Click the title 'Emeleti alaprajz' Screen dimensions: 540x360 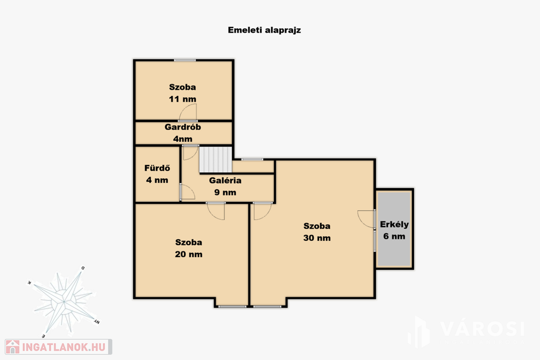264,30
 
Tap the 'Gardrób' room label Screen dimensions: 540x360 182,127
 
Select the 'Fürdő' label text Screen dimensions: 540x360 157,168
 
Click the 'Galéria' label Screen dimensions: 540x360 225,180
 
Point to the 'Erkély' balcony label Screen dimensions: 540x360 394,225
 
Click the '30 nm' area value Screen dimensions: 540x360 317,238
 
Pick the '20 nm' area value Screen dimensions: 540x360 189,255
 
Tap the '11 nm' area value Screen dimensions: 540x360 182,99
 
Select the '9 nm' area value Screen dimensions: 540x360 225,192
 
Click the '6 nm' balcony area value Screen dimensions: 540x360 394,237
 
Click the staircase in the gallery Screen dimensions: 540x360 216,159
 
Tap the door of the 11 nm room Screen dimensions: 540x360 188,112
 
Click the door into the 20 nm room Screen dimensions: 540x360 216,211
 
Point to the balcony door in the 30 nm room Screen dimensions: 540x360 367,219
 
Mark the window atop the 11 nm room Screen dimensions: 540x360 185,60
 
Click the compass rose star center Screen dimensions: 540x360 64,302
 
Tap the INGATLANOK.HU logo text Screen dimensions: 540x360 64,347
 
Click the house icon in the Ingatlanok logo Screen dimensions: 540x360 13,347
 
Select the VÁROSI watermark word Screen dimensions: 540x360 482,329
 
